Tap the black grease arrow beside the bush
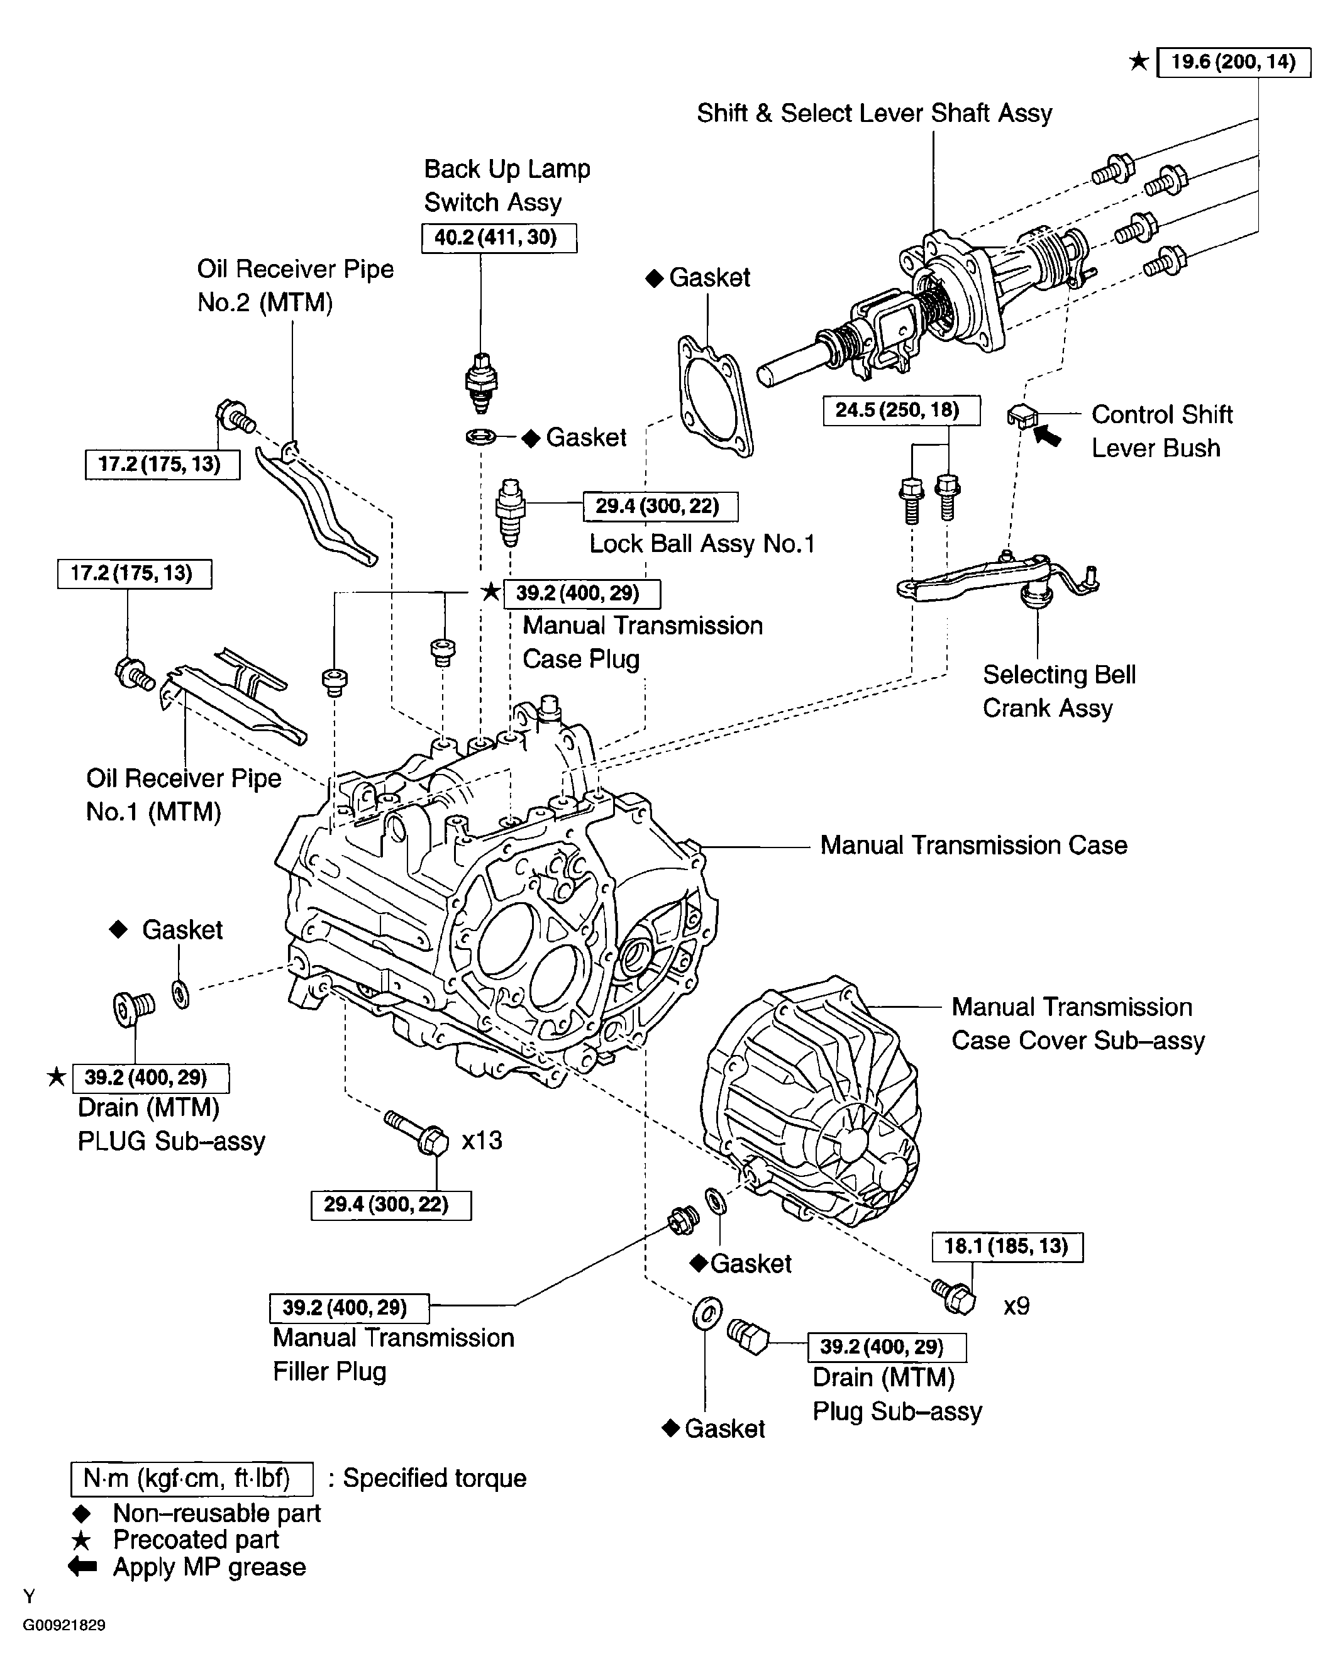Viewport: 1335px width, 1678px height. [x=1048, y=436]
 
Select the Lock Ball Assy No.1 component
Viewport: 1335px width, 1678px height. [x=510, y=512]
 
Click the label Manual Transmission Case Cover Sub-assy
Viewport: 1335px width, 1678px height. [x=1077, y=1024]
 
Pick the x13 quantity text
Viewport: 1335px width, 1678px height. [x=482, y=1141]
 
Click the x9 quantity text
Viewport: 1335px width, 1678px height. [x=1016, y=1306]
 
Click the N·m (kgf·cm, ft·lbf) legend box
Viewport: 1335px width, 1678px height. [x=192, y=1479]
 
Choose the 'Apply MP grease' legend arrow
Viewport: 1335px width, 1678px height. [x=82, y=1567]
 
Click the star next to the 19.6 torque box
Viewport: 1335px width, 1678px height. [x=1138, y=62]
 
